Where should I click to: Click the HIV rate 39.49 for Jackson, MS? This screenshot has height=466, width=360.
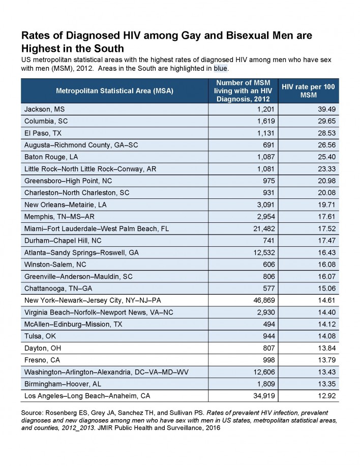327,109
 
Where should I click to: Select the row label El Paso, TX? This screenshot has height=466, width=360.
43,133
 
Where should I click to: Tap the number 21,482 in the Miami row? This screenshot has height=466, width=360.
264,229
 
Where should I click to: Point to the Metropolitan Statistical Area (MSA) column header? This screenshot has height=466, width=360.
114,91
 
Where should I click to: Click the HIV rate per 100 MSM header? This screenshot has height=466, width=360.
308,91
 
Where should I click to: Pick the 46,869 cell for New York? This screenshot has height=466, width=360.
264,301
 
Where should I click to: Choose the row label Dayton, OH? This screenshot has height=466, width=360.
43,348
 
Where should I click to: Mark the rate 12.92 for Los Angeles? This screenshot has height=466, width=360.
327,396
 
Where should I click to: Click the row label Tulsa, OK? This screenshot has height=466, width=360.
40,336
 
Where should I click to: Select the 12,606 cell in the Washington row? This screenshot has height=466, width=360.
264,372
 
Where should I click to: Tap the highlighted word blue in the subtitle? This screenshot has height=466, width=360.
220,68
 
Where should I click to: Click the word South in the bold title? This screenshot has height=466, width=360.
109,48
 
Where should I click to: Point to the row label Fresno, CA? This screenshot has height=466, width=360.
42,360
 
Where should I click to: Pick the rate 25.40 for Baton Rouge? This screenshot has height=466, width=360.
327,157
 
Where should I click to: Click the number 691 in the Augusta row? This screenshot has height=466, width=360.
269,145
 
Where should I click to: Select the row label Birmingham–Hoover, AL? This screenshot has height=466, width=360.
63,384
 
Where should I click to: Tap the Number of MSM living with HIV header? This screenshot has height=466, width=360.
243,91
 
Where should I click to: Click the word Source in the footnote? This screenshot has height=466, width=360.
32,413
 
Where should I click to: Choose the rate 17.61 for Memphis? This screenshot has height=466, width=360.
327,217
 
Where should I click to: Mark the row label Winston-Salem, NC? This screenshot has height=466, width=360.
55,265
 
